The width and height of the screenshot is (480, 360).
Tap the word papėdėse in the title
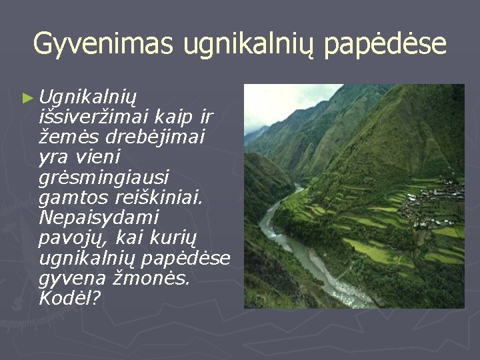coord(385,45)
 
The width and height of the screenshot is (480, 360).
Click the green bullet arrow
coord(28,98)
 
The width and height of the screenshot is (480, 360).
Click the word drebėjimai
coord(155,137)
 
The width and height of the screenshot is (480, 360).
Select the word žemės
coord(69,137)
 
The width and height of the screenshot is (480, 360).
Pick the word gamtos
coord(73,199)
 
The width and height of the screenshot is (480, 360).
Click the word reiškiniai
coord(159,197)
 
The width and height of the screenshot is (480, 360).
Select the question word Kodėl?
coord(70,297)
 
